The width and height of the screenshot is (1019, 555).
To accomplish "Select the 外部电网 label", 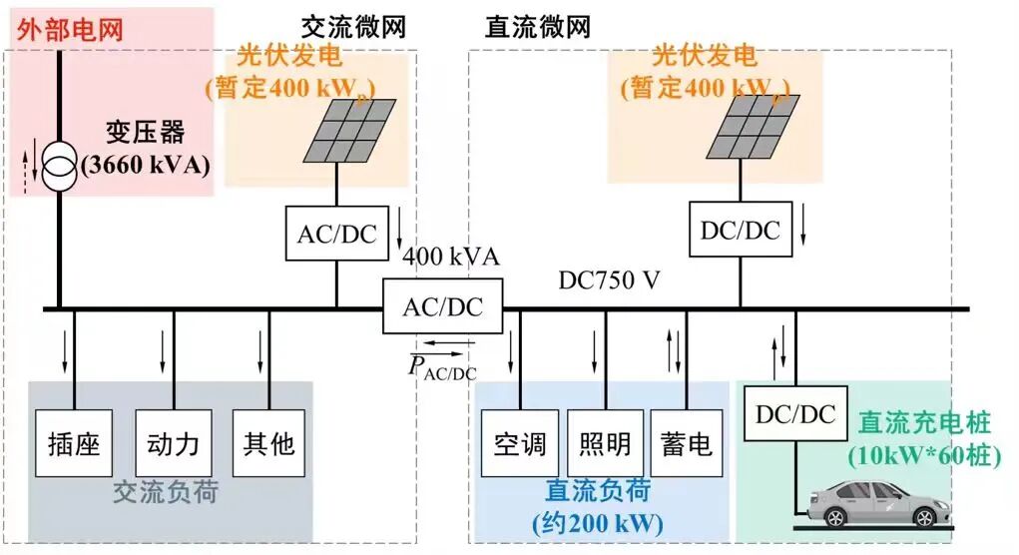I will click(x=71, y=28).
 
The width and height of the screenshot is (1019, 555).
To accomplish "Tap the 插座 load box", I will click(x=75, y=442).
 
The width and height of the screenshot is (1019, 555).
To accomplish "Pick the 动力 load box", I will click(x=173, y=442).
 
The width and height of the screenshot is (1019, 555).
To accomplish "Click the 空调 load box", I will click(x=520, y=442).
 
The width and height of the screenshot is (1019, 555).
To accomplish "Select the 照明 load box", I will click(x=605, y=442).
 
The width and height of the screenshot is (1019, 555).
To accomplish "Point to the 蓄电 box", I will click(x=687, y=442).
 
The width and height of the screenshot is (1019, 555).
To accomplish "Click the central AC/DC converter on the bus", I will click(x=442, y=306).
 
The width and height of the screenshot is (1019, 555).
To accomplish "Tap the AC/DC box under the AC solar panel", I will click(x=336, y=234).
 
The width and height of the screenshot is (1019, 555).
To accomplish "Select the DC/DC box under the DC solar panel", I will click(x=740, y=231).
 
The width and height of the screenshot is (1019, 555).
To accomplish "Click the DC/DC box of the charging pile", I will click(x=795, y=414).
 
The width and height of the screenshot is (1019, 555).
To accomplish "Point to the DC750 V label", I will click(x=609, y=280).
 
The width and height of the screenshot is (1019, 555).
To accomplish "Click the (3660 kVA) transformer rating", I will click(x=147, y=165).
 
